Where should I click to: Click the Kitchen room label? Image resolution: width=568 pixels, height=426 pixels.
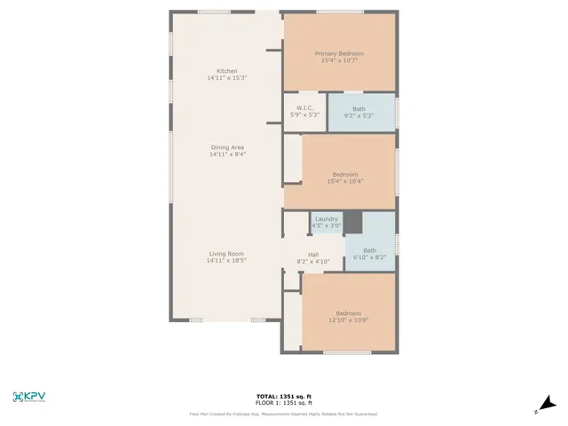point(227,71)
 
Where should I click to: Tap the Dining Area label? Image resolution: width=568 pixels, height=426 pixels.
point(227,147)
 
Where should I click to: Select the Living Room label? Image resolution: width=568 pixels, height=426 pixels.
point(225,254)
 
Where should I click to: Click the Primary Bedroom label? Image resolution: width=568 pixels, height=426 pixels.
point(339,53)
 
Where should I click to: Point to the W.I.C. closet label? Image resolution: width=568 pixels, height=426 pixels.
point(304,108)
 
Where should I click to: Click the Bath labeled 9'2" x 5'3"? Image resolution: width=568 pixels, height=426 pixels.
point(359,109)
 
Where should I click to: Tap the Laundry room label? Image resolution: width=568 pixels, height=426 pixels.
point(326,218)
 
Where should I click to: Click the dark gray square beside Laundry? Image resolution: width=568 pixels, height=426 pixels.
point(353,222)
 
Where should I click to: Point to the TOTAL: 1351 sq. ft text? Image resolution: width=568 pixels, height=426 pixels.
point(283,397)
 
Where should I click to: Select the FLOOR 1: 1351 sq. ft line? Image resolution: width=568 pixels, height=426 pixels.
point(283,403)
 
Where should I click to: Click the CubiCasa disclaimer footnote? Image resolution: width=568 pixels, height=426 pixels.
point(283,414)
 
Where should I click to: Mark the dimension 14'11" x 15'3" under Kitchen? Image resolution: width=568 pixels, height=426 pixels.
point(227,78)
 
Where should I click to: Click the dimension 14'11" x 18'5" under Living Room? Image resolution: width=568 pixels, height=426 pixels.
point(225,261)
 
